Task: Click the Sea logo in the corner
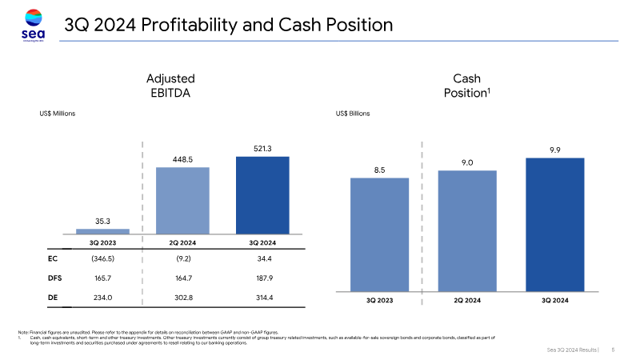32,25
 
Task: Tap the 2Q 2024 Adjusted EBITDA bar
182,200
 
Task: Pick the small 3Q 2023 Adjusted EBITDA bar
102,231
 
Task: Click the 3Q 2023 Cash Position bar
380,234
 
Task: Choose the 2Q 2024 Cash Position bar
467,230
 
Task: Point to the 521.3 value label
262,148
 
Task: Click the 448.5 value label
182,158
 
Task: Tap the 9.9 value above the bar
554,150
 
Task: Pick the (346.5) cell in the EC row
102,258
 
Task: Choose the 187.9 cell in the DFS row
262,278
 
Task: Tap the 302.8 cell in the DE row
182,298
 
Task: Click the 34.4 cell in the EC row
262,258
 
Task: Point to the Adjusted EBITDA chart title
170,86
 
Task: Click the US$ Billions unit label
353,114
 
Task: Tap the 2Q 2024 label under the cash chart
467,301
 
